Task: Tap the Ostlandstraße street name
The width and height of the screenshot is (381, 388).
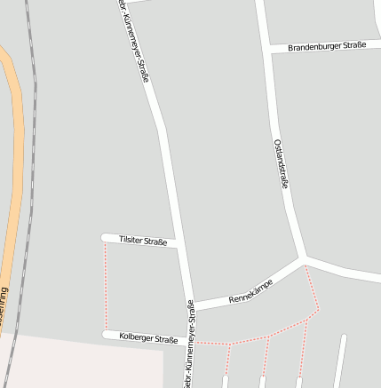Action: [281, 164]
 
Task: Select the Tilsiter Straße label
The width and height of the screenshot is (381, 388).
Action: [143, 241]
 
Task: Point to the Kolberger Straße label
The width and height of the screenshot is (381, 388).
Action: [148, 338]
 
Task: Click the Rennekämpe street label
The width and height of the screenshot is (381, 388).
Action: [250, 291]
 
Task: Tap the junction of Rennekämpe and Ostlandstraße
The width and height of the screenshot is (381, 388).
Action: [304, 259]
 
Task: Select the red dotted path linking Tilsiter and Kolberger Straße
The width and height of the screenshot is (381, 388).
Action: [106, 286]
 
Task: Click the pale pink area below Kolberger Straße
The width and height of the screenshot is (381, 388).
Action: [80, 364]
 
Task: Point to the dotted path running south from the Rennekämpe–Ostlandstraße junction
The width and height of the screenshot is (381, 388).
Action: [312, 286]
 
